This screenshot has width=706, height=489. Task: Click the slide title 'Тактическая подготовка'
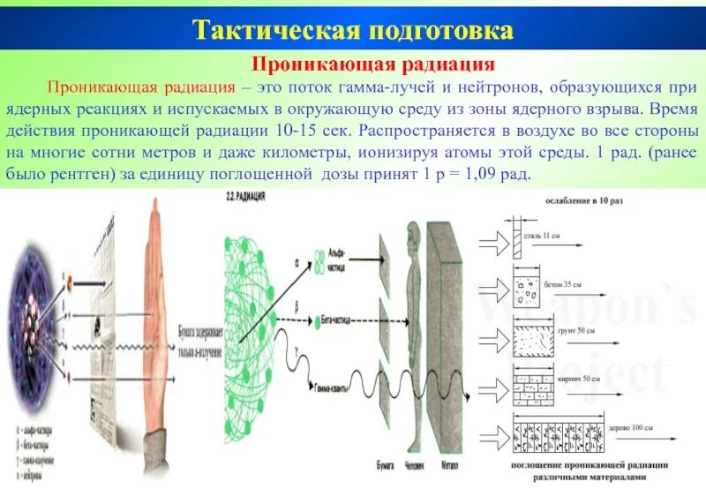[x=353, y=32]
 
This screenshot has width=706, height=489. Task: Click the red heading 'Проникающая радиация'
[x=353, y=65]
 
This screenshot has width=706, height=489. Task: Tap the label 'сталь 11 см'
[x=539, y=236]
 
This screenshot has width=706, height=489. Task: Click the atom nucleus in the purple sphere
[x=42, y=305]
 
